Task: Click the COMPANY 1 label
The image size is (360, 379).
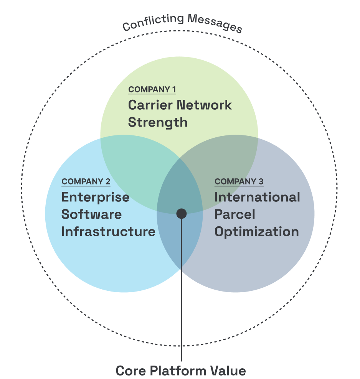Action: click(x=152, y=90)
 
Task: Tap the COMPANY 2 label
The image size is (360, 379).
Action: click(x=86, y=182)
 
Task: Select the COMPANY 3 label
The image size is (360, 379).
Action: click(x=239, y=182)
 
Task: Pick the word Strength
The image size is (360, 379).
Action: click(x=158, y=123)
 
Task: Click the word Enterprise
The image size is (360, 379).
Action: click(x=95, y=198)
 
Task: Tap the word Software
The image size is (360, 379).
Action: click(x=91, y=214)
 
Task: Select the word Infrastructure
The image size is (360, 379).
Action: click(x=108, y=232)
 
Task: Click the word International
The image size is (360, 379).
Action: click(x=257, y=198)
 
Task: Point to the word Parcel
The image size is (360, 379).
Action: click(x=234, y=214)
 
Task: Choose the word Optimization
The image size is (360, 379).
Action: click(x=256, y=232)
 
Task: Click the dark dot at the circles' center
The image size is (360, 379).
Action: click(x=182, y=214)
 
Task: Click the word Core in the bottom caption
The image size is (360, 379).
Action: click(x=130, y=371)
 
